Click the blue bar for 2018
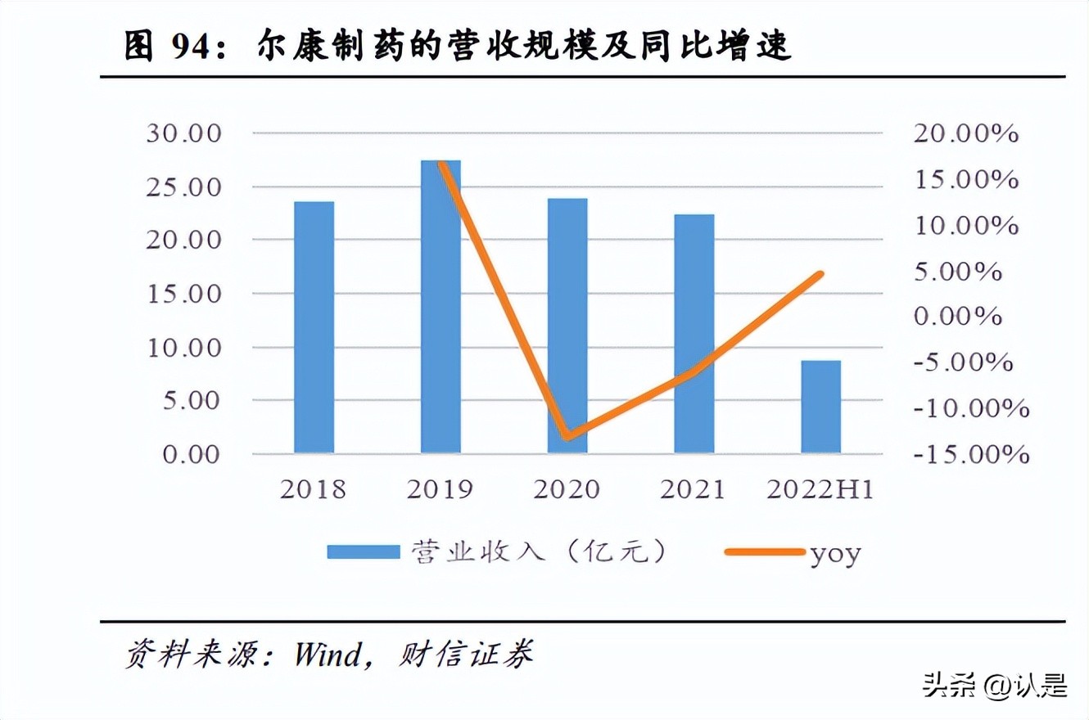pyautogui.click(x=314, y=327)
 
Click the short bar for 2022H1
pyautogui.click(x=820, y=407)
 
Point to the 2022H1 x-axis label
pyautogui.click(x=820, y=490)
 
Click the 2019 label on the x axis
pyautogui.click(x=441, y=490)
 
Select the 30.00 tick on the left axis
pyautogui.click(x=184, y=133)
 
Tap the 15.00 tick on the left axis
pyautogui.click(x=184, y=294)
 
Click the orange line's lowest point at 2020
pyautogui.click(x=567, y=436)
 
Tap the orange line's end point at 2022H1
pyautogui.click(x=820, y=274)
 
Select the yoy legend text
pyautogui.click(x=835, y=554)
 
